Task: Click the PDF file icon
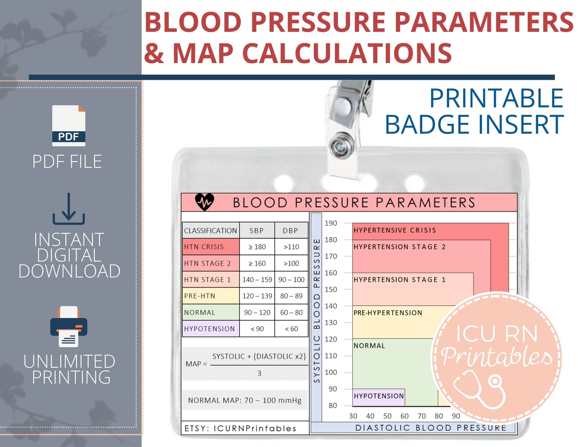[x=69, y=126]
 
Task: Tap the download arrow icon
[x=69, y=209]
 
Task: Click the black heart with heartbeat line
[x=205, y=202]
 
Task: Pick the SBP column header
[x=257, y=231]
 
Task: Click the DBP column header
[x=290, y=231]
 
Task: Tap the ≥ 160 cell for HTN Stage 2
[x=257, y=263]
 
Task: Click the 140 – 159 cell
[x=257, y=279]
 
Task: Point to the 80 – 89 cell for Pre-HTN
[x=291, y=296]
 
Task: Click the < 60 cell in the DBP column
[x=291, y=329]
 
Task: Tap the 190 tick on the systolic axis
[x=331, y=223]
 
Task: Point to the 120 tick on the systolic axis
[x=331, y=339]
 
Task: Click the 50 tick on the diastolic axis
[x=387, y=416]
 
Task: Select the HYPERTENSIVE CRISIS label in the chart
[x=395, y=230]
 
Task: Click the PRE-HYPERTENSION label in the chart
[x=388, y=313]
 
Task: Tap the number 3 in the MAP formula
[x=259, y=373]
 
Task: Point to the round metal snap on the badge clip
[x=341, y=147]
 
